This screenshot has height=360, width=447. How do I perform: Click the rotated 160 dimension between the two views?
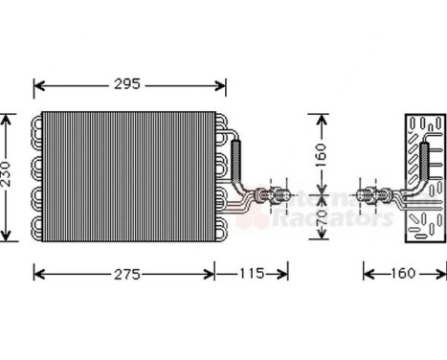pyautogui.click(x=322, y=154)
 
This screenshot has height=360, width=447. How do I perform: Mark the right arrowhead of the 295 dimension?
pyautogui.click(x=224, y=85)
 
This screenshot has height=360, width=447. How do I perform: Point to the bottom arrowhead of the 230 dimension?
pyautogui.click(x=9, y=236)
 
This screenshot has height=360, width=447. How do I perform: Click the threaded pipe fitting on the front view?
pyautogui.click(x=279, y=196)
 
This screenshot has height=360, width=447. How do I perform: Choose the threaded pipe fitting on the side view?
pyautogui.click(x=370, y=196)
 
